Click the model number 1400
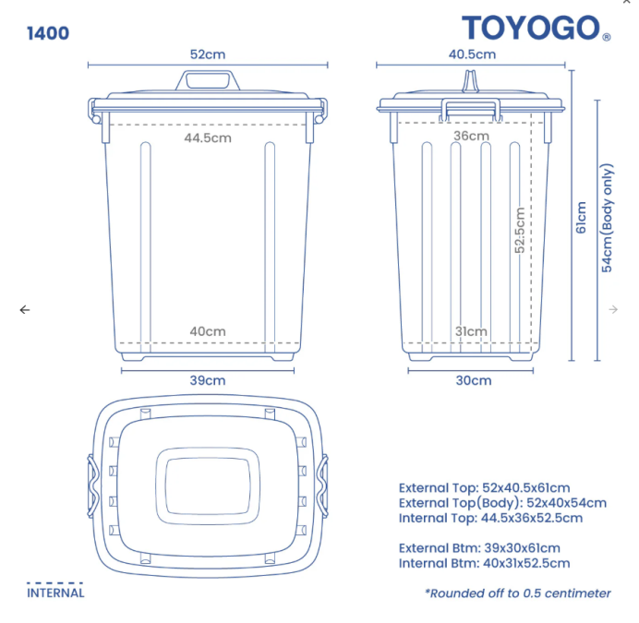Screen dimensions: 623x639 coord(48,33)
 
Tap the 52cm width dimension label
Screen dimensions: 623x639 coord(208,54)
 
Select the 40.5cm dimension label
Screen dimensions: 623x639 coord(472,54)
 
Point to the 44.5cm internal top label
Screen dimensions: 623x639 coord(207,138)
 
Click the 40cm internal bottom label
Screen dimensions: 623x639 coord(208,331)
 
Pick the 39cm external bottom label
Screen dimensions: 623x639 coord(208,379)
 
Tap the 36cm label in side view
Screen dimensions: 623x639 coord(471,136)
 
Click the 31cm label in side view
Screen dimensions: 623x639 coord(471,331)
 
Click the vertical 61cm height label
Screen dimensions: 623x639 coord(581,218)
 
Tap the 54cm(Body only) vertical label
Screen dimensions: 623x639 coord(607,218)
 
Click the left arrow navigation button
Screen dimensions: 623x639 coord(25,310)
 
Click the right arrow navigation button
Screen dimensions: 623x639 coord(613,310)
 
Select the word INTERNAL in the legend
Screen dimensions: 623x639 coord(55,593)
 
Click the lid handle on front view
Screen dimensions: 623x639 coord(208,80)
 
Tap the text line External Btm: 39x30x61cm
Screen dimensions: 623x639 coord(479,548)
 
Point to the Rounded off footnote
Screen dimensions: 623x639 coord(517,593)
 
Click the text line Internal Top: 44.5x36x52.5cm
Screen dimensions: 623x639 coord(490,518)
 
